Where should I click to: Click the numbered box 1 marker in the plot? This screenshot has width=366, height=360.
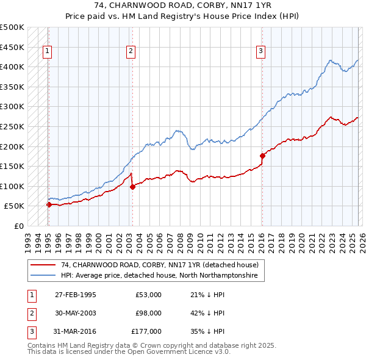tap(48, 51)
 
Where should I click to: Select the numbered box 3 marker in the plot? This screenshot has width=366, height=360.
tap(261, 51)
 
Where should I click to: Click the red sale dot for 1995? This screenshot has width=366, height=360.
tap(49, 205)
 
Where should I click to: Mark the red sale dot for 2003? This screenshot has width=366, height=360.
tap(132, 187)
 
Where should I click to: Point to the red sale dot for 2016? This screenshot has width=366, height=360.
tap(262, 156)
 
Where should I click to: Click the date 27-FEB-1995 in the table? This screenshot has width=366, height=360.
tap(76, 295)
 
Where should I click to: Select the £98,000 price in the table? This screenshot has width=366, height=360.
tap(148, 313)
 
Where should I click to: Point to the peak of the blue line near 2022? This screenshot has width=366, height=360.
tap(330, 60)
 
